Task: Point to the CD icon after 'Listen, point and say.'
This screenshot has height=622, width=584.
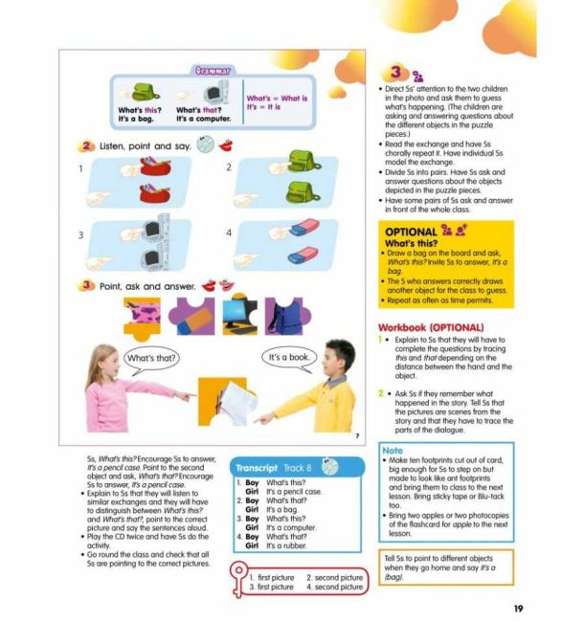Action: click(x=205, y=145)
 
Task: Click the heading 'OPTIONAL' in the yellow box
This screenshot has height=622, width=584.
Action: click(x=411, y=232)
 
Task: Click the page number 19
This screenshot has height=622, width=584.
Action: click(x=517, y=608)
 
